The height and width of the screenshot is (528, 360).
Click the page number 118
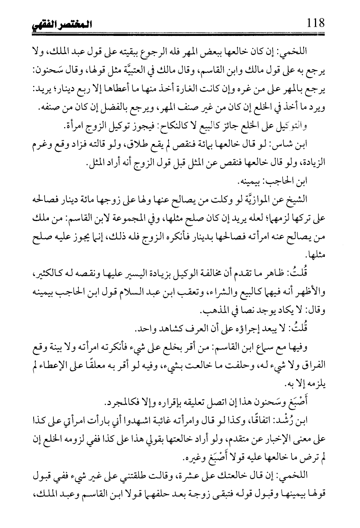click(x=315, y=24)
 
